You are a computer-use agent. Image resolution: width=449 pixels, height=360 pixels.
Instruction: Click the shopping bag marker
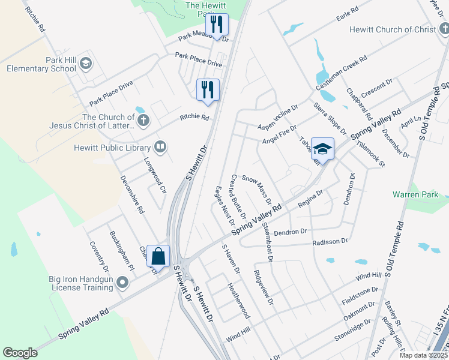(158, 256)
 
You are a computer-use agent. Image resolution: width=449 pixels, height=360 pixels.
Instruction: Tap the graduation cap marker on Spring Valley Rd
(322, 149)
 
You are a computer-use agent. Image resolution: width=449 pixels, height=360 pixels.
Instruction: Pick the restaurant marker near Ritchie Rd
(208, 89)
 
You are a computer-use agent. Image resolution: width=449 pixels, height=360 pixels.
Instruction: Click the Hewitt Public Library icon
(160, 146)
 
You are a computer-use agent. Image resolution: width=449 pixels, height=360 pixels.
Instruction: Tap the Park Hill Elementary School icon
(85, 63)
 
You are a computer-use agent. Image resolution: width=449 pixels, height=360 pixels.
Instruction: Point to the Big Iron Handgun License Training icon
(123, 281)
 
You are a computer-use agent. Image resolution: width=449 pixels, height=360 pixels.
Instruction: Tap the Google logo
(20, 353)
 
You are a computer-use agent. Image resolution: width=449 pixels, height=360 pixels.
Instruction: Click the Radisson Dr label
(330, 241)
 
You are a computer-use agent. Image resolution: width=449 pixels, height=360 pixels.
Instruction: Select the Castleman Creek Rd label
(346, 68)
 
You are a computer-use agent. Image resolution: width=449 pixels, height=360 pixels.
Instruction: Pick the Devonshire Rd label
(132, 195)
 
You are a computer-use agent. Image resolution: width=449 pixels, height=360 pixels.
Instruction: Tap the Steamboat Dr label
(268, 242)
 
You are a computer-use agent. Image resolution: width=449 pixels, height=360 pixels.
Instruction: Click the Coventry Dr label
(97, 256)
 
